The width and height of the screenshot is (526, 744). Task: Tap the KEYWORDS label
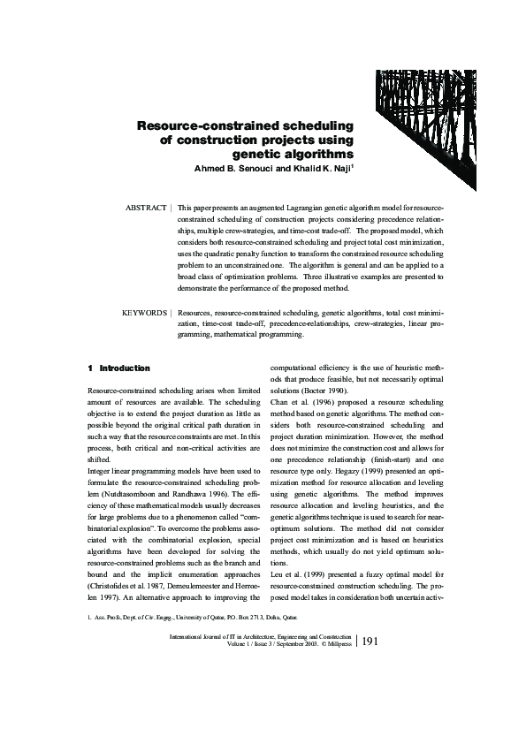click(x=144, y=312)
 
